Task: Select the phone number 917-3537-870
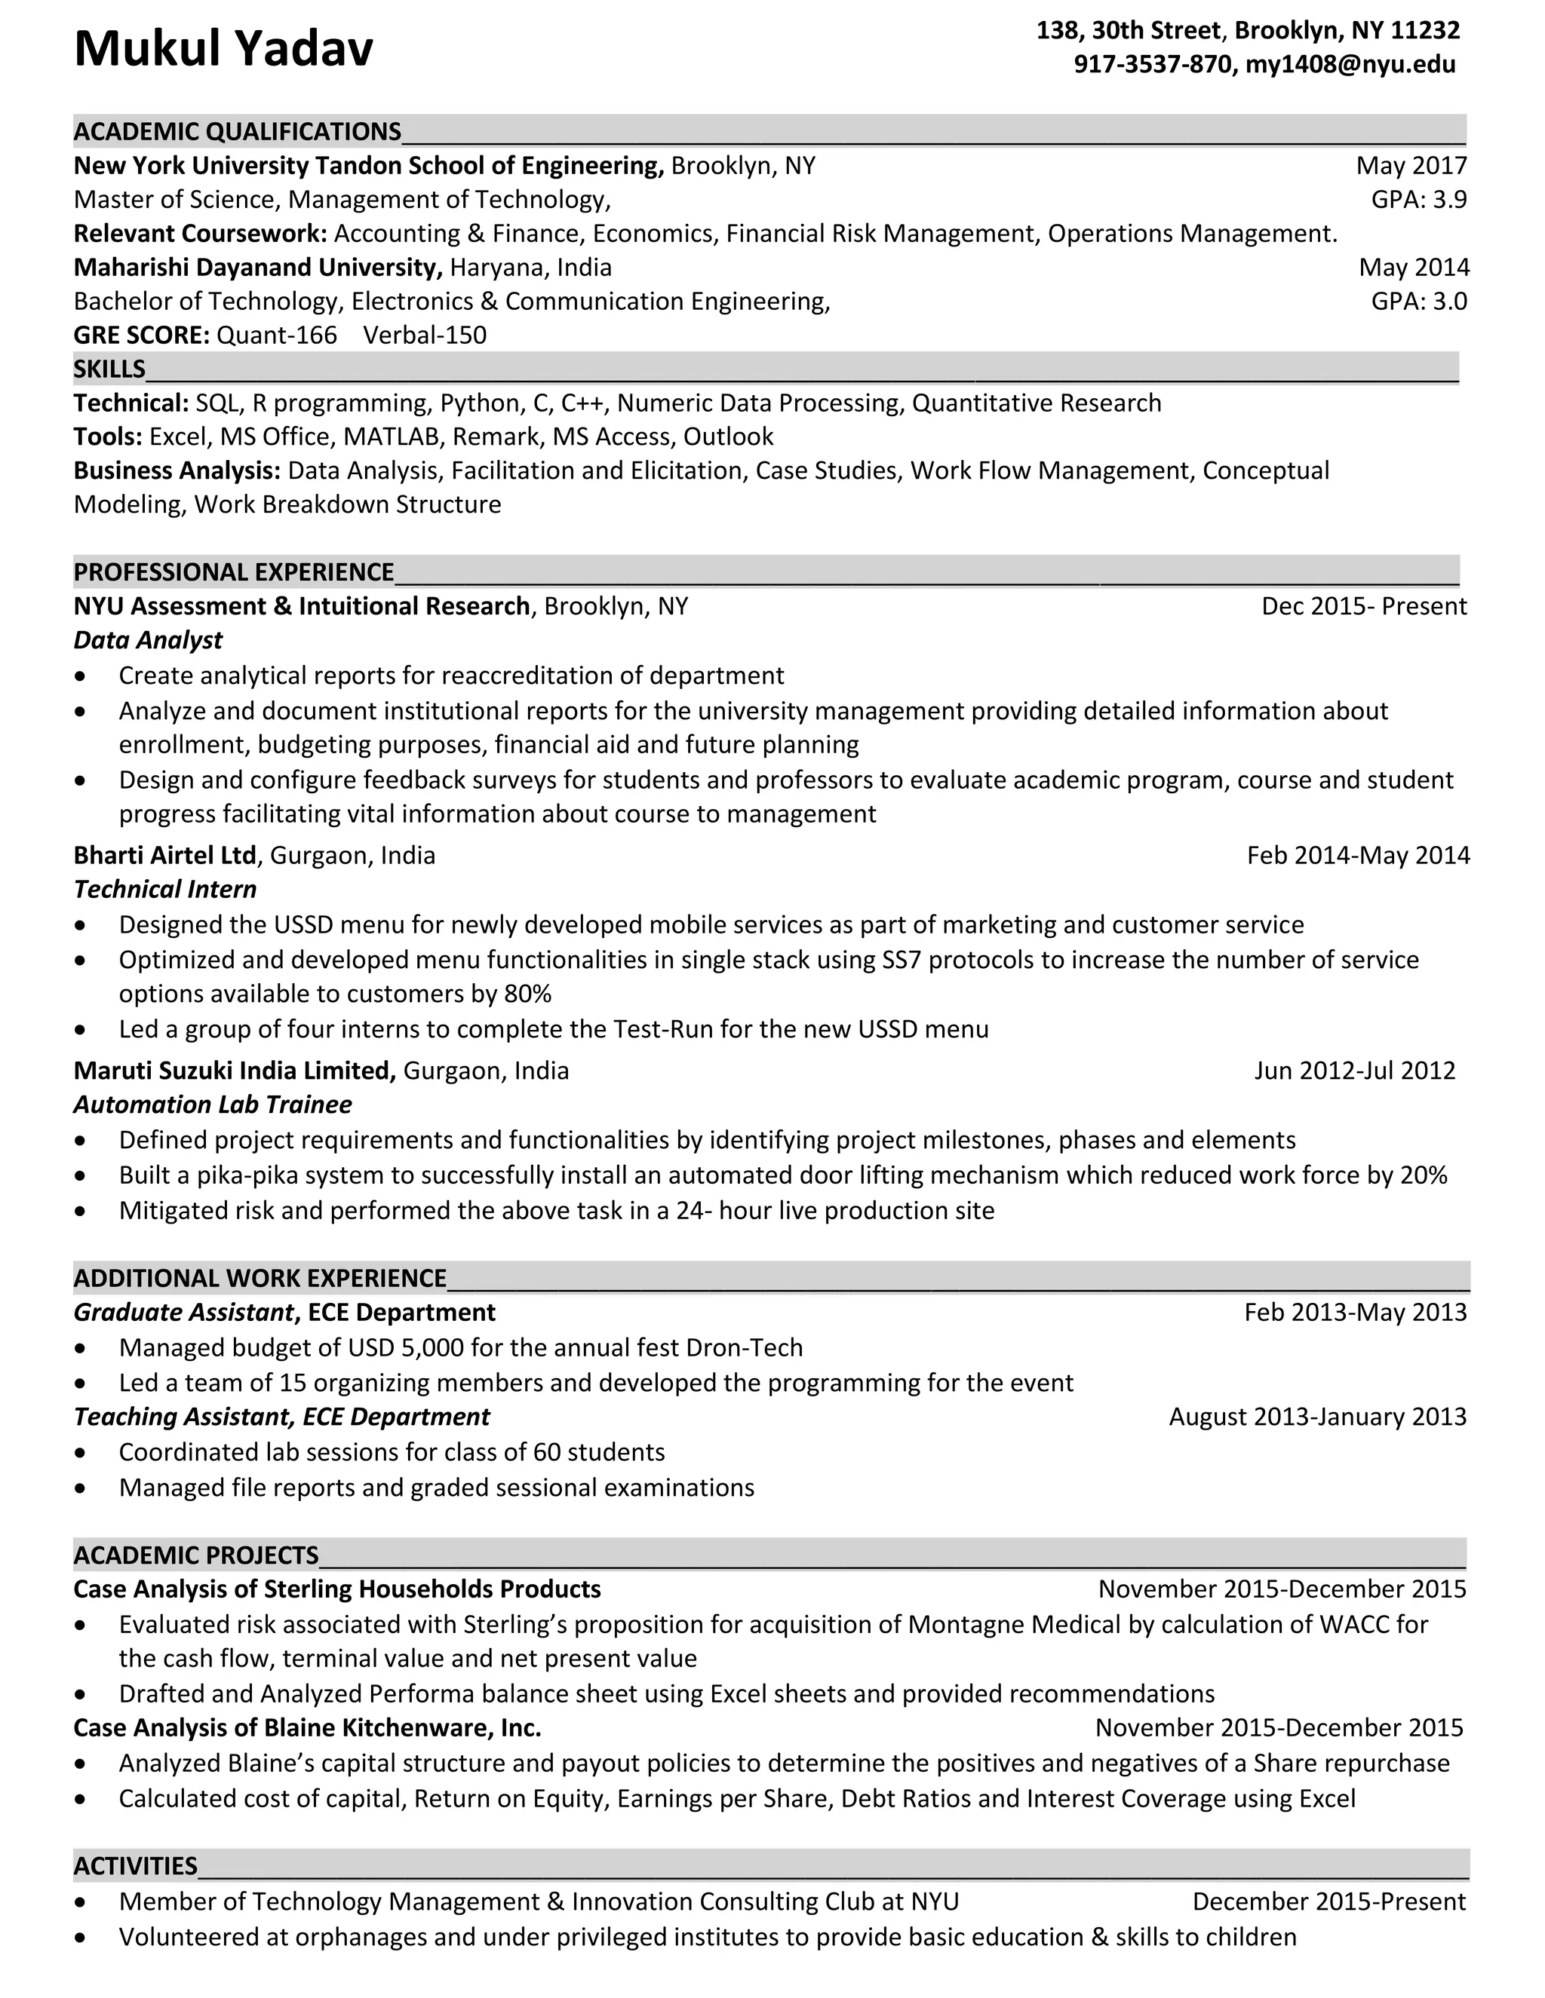[1153, 64]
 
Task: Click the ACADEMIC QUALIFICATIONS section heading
[237, 132]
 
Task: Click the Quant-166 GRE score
[276, 335]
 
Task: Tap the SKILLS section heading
[109, 369]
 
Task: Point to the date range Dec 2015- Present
[1363, 605]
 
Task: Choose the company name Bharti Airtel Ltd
[164, 856]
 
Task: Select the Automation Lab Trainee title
[212, 1105]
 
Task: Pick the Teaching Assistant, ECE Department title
[281, 1417]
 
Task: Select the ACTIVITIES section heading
[136, 1865]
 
